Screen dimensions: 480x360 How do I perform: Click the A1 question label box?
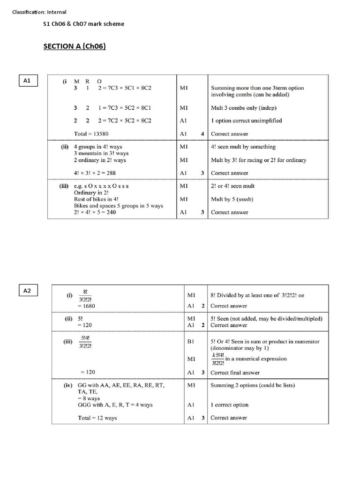tap(27, 81)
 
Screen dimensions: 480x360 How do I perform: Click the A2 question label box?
tap(27, 291)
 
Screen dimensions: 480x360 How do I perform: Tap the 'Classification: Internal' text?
tap(39, 12)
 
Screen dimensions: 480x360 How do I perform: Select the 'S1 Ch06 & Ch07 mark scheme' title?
tap(84, 24)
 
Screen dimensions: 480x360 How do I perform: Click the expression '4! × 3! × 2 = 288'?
tap(95, 173)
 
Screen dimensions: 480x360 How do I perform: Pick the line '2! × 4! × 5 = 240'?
tap(95, 212)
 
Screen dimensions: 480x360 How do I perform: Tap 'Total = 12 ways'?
tap(97, 418)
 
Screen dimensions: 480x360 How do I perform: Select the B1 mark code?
tap(191, 342)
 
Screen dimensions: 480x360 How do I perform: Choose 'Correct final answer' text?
tap(235, 373)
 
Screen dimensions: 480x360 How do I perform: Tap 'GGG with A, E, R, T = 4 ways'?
tap(115, 405)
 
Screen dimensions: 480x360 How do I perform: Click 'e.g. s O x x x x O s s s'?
tap(101, 186)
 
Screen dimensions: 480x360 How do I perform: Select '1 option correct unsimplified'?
tap(247, 120)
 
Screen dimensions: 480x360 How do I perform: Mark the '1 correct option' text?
tap(229, 405)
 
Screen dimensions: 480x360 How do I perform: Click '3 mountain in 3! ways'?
tap(101, 153)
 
